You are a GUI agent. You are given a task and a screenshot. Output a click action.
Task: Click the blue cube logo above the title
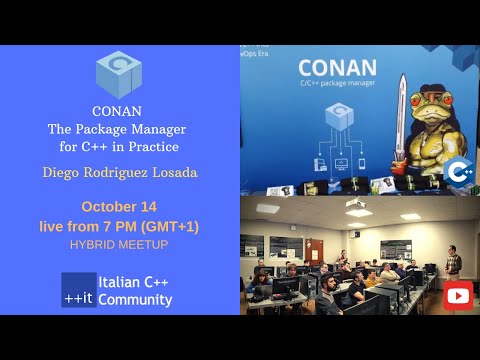pyautogui.click(x=120, y=74)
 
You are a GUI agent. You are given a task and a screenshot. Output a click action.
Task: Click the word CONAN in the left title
pyautogui.click(x=120, y=112)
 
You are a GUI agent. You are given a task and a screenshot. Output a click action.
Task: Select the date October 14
pyautogui.click(x=120, y=207)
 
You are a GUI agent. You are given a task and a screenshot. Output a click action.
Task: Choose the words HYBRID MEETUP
pyautogui.click(x=120, y=244)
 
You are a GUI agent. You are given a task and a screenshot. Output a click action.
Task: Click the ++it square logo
pyautogui.click(x=79, y=289)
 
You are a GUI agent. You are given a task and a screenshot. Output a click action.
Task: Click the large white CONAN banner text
pyautogui.click(x=337, y=69)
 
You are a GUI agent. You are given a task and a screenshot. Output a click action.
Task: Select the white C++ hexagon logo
pyautogui.click(x=459, y=172)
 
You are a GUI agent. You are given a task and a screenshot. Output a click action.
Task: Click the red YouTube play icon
pyautogui.click(x=459, y=295)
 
